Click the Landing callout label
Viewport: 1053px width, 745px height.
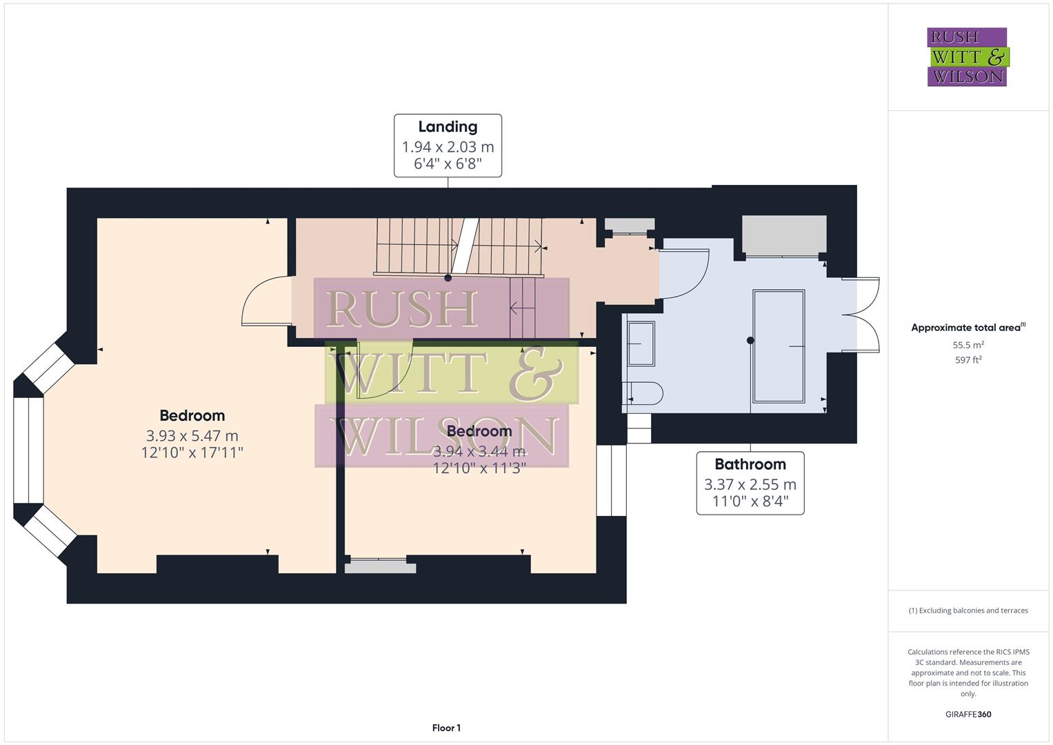(x=448, y=127)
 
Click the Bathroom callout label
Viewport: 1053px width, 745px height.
(x=750, y=464)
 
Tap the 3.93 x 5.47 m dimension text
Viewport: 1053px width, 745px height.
(x=192, y=436)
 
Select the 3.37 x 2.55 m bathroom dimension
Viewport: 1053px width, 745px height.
(x=750, y=484)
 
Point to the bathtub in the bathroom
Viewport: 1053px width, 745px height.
(x=779, y=346)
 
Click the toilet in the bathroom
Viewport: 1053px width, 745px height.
(x=644, y=393)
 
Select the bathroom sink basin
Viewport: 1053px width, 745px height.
(x=641, y=344)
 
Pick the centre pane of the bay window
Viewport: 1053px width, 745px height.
(x=28, y=450)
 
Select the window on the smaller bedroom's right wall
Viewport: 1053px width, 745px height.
(x=611, y=480)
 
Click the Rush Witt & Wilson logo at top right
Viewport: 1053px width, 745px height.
(x=967, y=57)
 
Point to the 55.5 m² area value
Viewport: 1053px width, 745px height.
(x=967, y=345)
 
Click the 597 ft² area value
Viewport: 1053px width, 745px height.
(x=967, y=360)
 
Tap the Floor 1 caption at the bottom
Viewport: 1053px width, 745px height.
(x=446, y=728)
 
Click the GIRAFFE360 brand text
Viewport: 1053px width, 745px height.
(x=967, y=714)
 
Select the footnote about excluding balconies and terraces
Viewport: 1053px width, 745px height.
(x=967, y=610)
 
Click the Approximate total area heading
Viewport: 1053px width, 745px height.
(x=967, y=328)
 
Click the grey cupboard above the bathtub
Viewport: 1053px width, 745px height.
(x=783, y=235)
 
